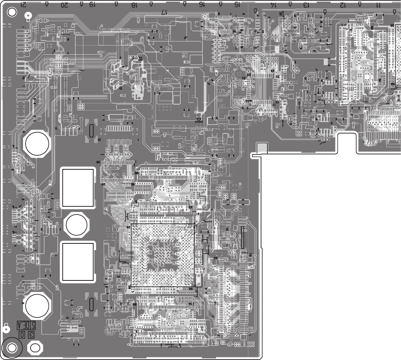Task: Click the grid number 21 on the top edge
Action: click(24, 5)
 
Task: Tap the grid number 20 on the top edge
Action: click(64, 5)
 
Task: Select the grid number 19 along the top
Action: click(92, 5)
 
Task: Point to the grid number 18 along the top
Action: click(134, 5)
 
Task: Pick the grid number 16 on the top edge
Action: click(202, 5)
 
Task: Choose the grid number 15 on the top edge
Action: click(237, 5)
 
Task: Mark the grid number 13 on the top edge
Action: click(306, 5)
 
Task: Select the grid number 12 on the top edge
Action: click(342, 5)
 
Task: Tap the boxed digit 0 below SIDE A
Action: click(22, 335)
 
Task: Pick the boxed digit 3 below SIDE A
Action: click(31, 335)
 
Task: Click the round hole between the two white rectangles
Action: click(77, 224)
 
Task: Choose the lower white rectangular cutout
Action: click(78, 262)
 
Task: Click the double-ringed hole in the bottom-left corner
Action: click(12, 348)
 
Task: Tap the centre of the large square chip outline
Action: click(163, 254)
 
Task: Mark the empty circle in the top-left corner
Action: click(12, 12)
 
